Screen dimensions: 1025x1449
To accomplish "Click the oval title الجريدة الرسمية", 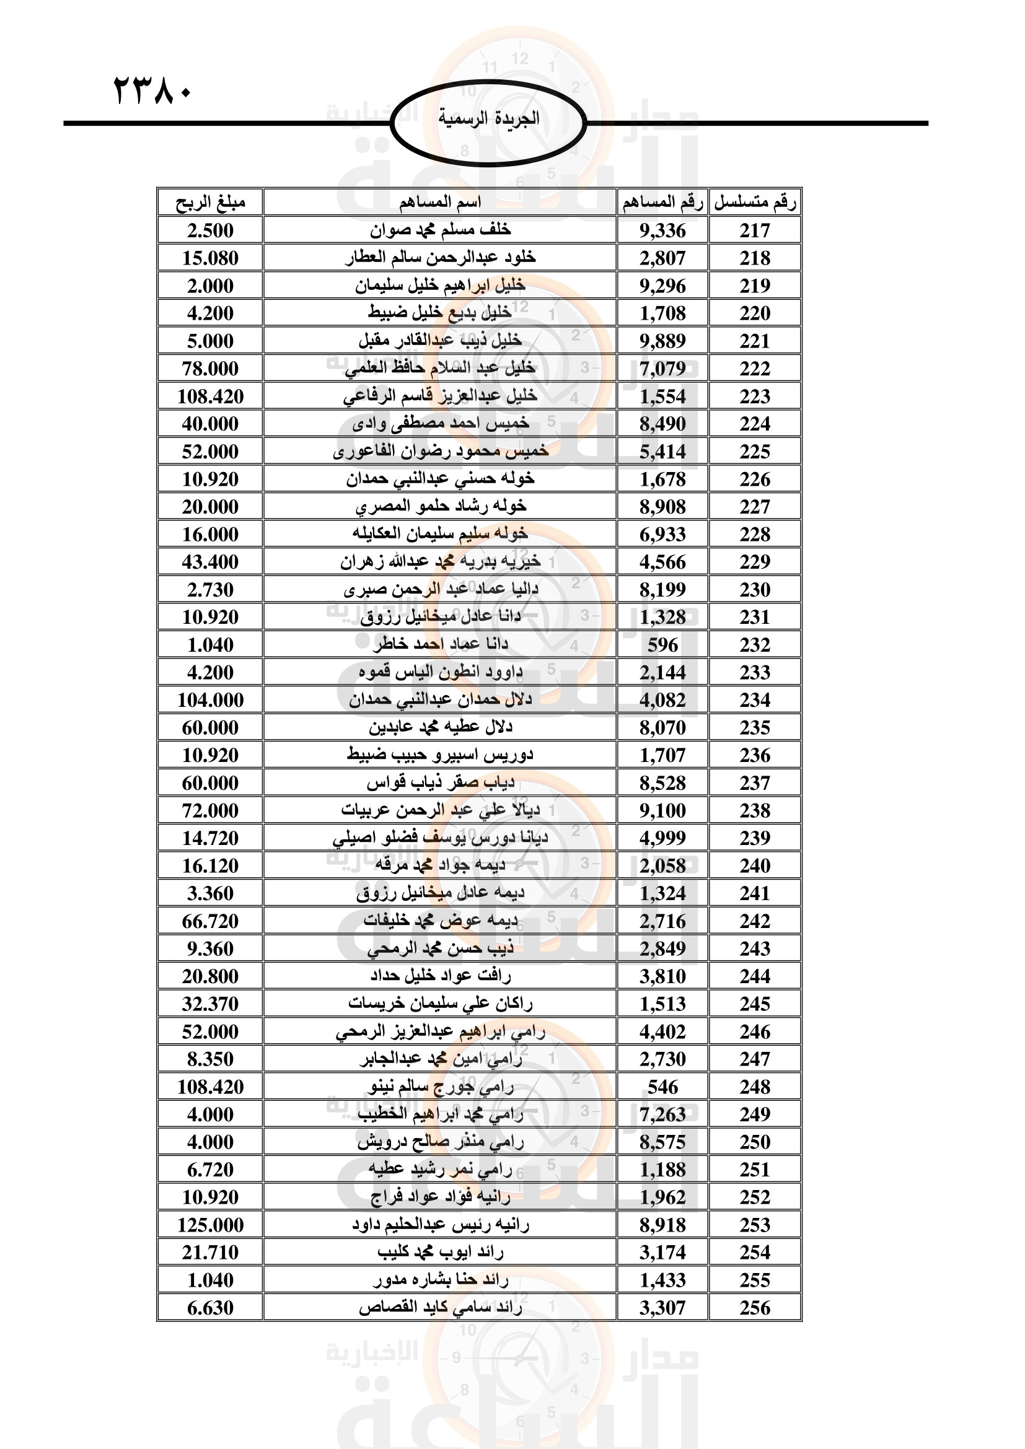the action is click(x=488, y=119).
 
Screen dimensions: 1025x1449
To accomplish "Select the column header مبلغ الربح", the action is click(x=209, y=203).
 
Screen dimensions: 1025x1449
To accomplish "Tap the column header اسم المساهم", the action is click(x=440, y=203).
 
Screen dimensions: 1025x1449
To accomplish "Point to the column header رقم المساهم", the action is click(x=662, y=203).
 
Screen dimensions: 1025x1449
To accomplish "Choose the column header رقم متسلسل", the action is click(x=755, y=203).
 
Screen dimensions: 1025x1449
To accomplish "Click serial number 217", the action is click(x=755, y=230).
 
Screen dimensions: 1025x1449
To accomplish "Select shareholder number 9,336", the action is click(x=662, y=230).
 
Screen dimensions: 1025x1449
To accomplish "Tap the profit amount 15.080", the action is click(x=209, y=258).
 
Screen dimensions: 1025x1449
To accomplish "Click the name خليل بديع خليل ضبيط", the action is click(x=440, y=313).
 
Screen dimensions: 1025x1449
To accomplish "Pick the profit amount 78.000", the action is click(x=209, y=369).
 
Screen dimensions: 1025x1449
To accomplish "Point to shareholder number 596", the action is click(x=662, y=645).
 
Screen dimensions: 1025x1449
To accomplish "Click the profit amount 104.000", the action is click(x=209, y=700).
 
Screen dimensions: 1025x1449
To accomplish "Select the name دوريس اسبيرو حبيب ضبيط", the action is click(x=440, y=755).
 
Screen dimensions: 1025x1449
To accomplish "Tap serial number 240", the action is click(x=755, y=866).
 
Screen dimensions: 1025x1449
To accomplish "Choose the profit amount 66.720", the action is click(x=209, y=921).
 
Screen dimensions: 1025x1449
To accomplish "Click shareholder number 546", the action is click(x=662, y=1087).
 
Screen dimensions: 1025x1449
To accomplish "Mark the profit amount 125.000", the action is click(x=209, y=1225).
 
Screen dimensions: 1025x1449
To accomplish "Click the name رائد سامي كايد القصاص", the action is click(x=440, y=1308).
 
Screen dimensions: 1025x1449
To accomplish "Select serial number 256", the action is click(x=755, y=1308).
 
